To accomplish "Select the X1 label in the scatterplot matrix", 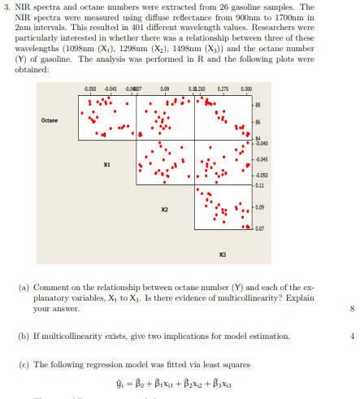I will tap(107, 162).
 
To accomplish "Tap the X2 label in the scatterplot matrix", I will tap(165, 208).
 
